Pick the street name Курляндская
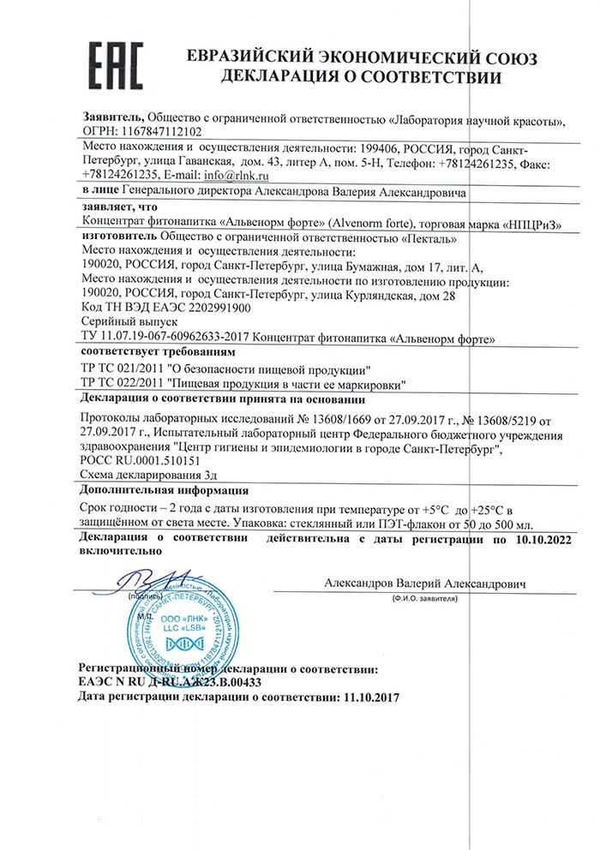click(383, 295)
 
